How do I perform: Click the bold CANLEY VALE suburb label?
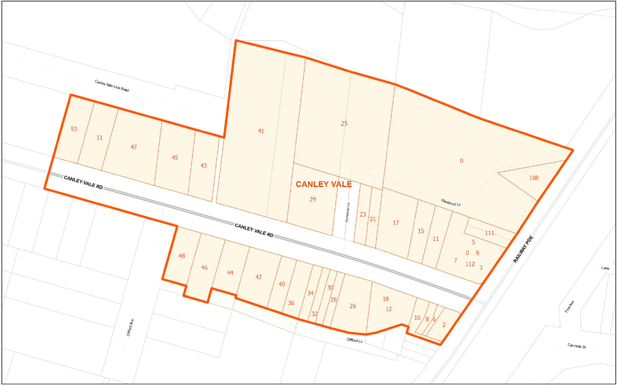tap(323, 184)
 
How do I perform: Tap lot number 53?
tap(74, 129)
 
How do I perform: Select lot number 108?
tap(533, 178)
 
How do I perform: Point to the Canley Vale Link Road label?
tap(112, 85)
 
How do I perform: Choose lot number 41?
tap(261, 131)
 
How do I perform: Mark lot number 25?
tap(344, 123)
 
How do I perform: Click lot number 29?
tap(312, 199)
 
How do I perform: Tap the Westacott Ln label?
tap(451, 203)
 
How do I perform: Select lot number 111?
tap(489, 233)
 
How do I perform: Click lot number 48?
tap(182, 256)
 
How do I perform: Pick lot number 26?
tap(353, 306)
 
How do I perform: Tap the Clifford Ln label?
tap(354, 340)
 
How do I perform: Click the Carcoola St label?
tap(576, 346)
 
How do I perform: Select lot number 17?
tap(395, 223)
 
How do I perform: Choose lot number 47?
tap(133, 147)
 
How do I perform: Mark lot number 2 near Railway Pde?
tap(444, 325)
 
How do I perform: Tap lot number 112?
tap(470, 264)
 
